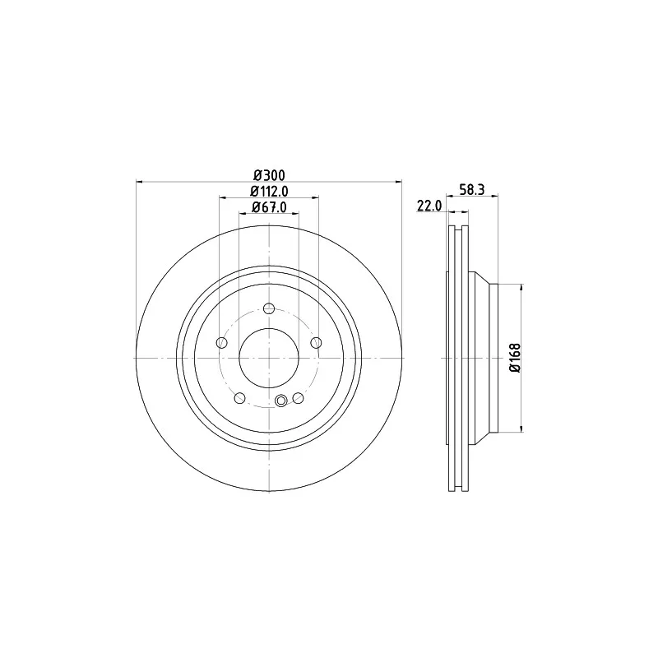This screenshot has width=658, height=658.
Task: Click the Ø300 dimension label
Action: pyautogui.click(x=270, y=175)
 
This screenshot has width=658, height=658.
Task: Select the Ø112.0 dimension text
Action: pyautogui.click(x=269, y=192)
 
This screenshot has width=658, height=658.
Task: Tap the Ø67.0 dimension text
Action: pyautogui.click(x=269, y=207)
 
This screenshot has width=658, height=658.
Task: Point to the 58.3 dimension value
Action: pyautogui.click(x=471, y=190)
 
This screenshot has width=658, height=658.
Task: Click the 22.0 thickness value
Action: pyautogui.click(x=429, y=206)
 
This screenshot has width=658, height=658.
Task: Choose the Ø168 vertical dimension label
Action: pyautogui.click(x=515, y=358)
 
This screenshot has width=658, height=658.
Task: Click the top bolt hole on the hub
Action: pyautogui.click(x=269, y=309)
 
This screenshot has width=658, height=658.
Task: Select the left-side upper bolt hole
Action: pyautogui.click(x=221, y=343)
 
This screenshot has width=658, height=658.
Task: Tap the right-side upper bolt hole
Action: pyautogui.click(x=316, y=343)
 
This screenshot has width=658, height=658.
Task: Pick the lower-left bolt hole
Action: pyautogui.click(x=239, y=398)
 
